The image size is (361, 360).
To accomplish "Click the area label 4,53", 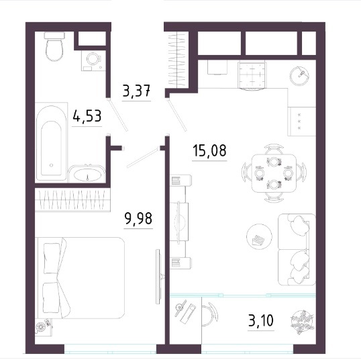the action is (87, 116).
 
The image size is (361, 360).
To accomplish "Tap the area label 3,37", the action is (136, 91).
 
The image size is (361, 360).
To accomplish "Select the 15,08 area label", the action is (209, 150).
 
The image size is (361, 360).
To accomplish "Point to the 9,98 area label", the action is (138, 218).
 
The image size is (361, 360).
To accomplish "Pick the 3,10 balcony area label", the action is (261, 320).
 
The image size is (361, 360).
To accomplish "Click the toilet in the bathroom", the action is (54, 47).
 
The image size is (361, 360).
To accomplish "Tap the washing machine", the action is (93, 60).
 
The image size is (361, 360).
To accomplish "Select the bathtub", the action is (52, 142).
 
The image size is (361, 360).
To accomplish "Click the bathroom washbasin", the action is (87, 174).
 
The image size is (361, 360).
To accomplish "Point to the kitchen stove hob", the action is (301, 121).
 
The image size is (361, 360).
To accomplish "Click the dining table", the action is (274, 173).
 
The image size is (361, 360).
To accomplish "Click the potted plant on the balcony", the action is (303, 322).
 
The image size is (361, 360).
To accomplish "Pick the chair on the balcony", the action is (211, 314).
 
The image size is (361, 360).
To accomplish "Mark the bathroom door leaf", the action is (118, 115).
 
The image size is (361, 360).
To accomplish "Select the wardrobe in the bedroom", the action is (72, 199).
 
